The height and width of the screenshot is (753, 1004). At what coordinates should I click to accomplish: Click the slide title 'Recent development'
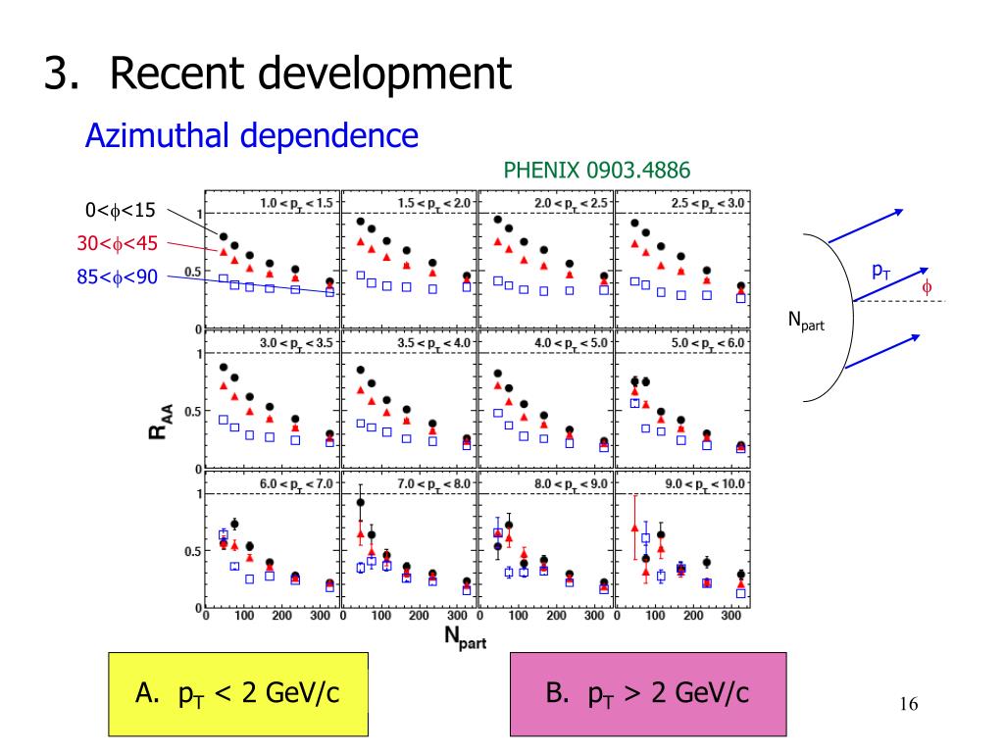(311, 73)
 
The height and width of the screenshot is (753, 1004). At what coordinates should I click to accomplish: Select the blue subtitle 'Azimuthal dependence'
(252, 135)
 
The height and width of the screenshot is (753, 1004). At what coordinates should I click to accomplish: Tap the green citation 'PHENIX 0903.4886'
(597, 171)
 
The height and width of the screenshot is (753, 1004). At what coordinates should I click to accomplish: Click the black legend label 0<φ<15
(121, 210)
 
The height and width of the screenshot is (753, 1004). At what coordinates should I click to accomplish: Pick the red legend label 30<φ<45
(118, 243)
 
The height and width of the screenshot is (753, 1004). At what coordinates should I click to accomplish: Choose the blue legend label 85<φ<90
(118, 276)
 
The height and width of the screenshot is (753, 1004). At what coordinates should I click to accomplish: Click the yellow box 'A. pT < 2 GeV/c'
(238, 694)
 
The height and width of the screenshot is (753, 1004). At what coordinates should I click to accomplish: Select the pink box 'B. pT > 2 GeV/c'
(648, 694)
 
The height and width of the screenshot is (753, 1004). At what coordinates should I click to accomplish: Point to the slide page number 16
(909, 704)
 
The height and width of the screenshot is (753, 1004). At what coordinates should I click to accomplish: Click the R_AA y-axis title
(161, 422)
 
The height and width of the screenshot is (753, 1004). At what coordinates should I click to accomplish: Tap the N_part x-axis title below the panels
(466, 637)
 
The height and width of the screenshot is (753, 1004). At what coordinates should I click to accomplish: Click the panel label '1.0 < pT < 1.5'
(296, 204)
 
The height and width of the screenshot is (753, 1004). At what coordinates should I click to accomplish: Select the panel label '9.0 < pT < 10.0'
(705, 484)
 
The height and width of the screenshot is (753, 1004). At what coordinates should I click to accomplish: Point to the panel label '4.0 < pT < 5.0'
(572, 343)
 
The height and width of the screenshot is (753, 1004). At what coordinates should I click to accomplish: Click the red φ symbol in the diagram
(927, 287)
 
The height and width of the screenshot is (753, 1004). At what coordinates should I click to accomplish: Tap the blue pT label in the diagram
(881, 272)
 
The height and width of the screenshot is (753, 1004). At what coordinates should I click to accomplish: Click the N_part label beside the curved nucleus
(806, 321)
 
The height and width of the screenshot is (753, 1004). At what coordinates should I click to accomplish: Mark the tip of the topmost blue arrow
(903, 210)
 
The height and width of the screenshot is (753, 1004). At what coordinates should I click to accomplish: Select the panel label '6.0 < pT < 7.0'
(296, 484)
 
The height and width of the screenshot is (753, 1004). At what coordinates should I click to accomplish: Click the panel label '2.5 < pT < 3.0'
(708, 204)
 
